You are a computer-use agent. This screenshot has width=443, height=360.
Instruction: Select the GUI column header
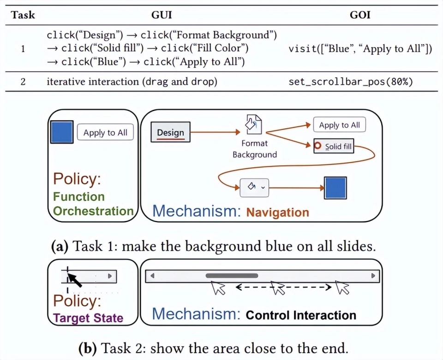162,14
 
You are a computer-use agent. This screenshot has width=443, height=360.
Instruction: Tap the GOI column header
360,14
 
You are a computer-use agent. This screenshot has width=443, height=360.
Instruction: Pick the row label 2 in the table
23,82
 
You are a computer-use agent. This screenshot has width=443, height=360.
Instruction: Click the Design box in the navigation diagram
170,133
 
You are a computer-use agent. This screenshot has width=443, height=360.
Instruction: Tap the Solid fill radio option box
333,146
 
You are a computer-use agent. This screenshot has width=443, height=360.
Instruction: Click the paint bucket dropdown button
254,187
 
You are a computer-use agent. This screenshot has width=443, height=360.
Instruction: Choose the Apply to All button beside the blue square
105,133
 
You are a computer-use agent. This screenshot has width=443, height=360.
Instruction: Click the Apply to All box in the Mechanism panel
339,125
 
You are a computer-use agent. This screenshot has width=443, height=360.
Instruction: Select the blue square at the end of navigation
335,188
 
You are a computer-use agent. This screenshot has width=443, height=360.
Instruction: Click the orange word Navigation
277,212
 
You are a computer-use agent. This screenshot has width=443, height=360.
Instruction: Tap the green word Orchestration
93,211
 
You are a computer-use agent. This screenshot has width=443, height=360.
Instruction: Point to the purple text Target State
88,318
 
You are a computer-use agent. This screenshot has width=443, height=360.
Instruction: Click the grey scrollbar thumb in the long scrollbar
232,276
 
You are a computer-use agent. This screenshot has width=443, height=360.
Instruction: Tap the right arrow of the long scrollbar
373,276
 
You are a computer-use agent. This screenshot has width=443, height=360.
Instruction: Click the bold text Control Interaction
301,315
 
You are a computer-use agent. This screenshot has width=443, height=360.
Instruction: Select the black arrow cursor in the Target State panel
74,279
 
